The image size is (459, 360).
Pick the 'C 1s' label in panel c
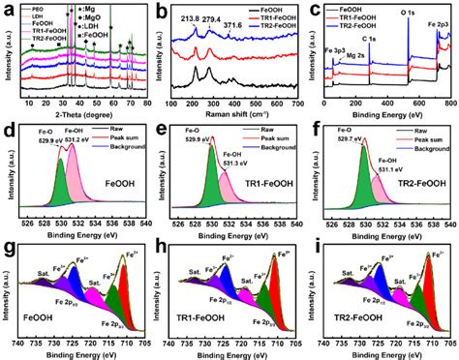(x=372, y=41)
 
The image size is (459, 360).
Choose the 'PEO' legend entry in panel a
(x=42, y=12)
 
